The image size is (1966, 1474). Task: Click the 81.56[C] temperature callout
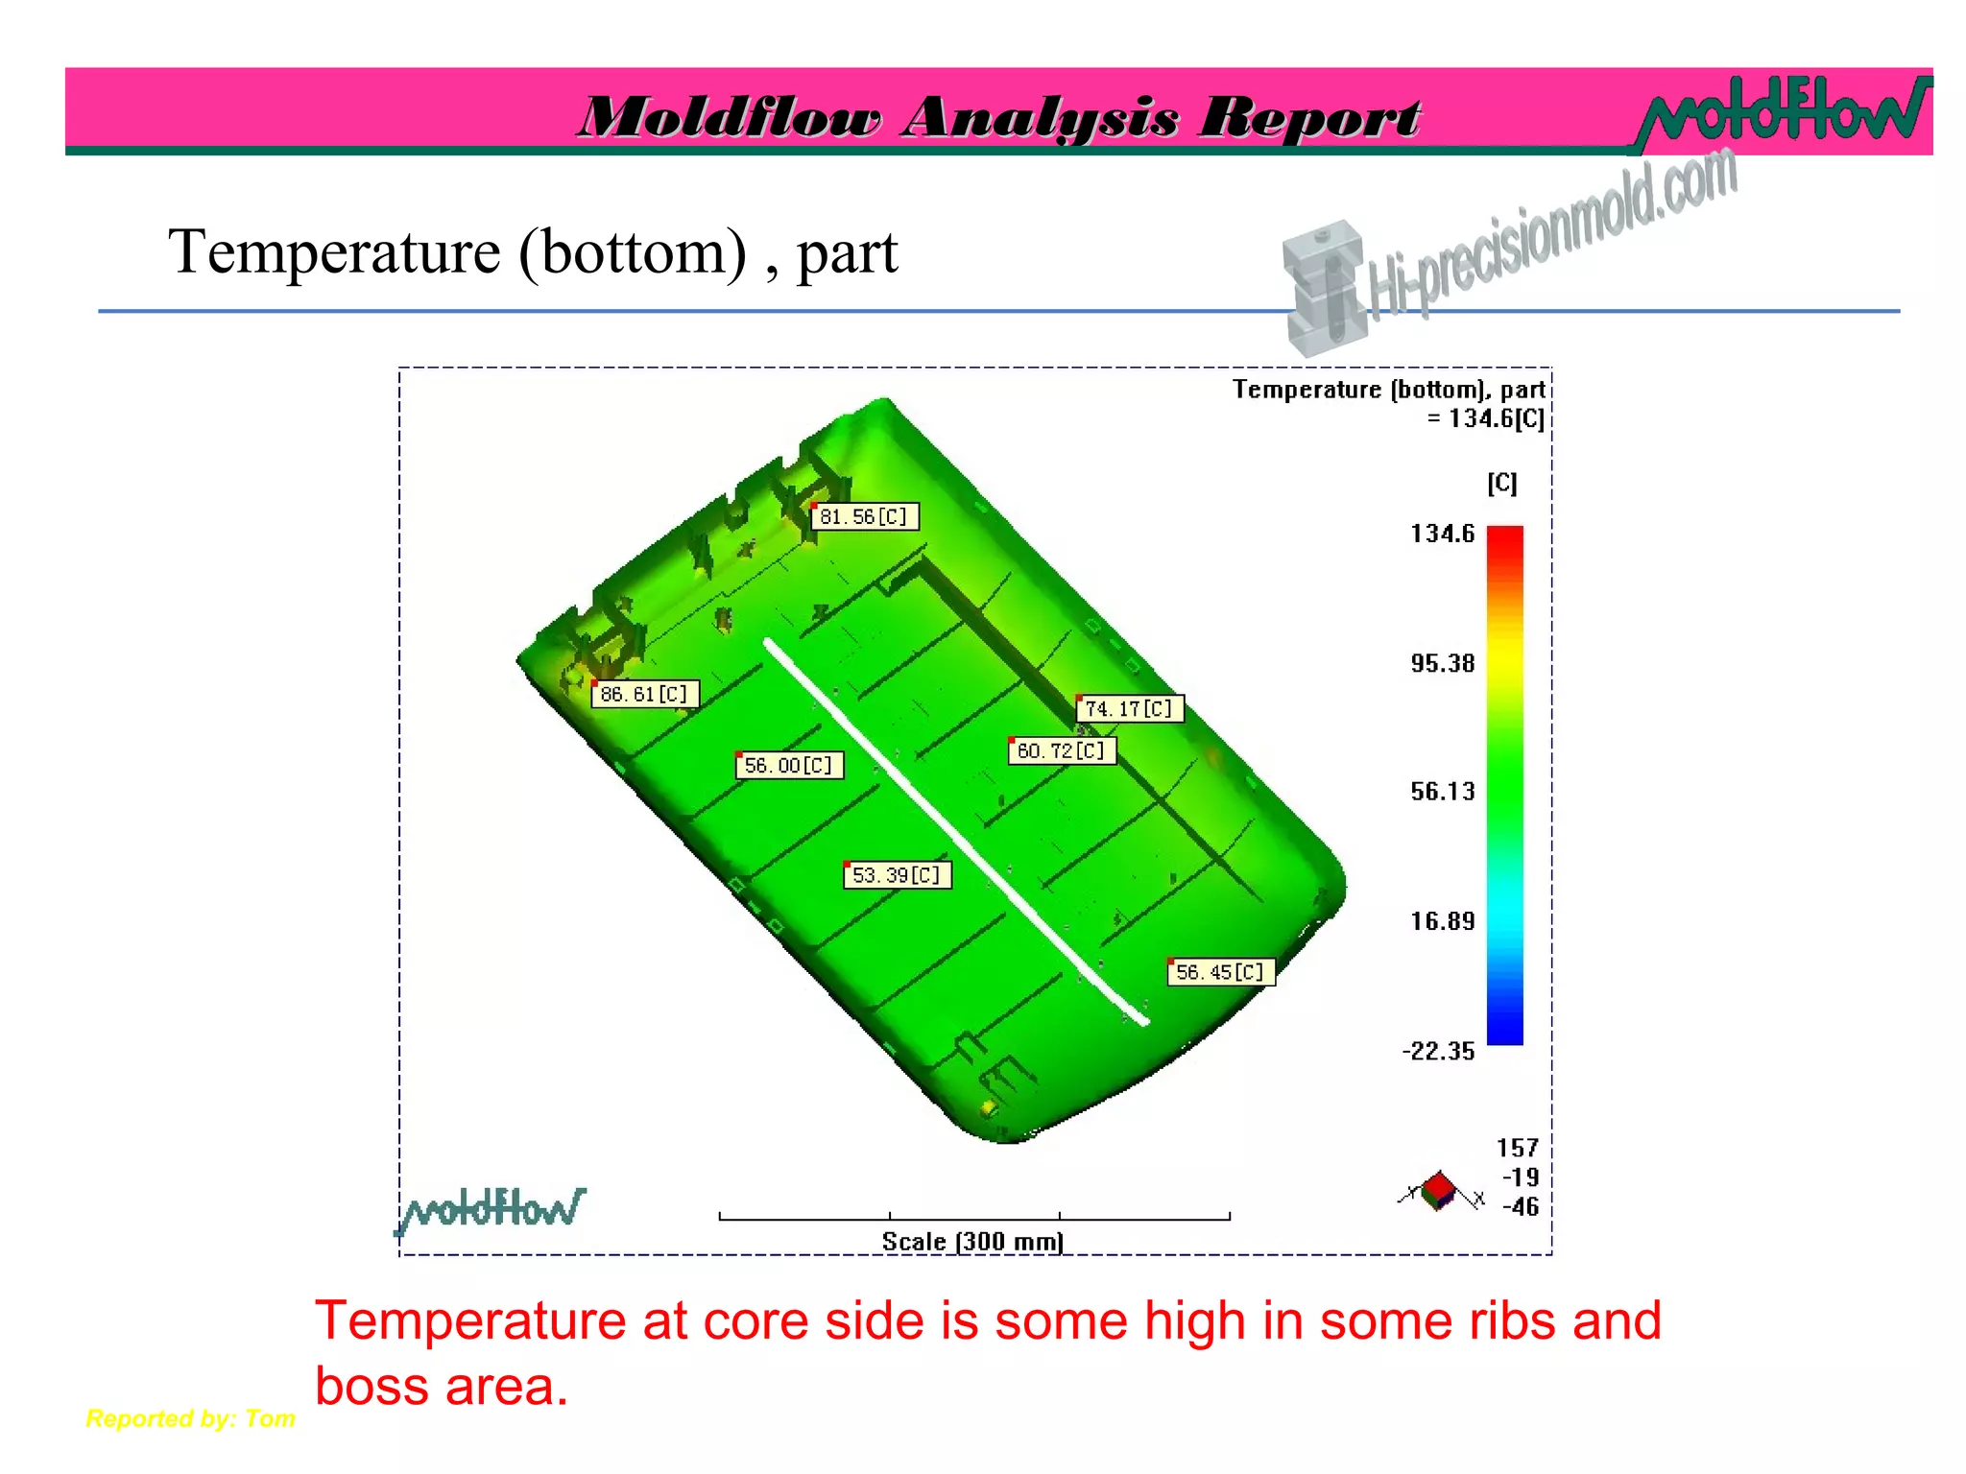coord(864,517)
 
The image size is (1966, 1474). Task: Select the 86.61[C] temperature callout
coord(645,694)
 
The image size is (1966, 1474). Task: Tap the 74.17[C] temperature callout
coord(1130,709)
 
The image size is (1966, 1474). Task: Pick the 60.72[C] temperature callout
coord(1062,750)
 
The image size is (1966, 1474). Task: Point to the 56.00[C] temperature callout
coord(789,765)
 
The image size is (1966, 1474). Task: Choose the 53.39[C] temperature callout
coord(897,875)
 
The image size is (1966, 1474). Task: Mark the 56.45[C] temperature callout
coord(1221,972)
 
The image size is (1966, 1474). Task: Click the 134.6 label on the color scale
coord(1442,534)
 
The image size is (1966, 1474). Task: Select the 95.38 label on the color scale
coord(1442,663)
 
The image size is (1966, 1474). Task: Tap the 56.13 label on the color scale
coord(1442,792)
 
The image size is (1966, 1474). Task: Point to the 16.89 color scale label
coord(1442,921)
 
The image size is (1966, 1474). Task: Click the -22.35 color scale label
coord(1438,1051)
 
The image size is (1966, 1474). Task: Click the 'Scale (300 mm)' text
coord(972,1242)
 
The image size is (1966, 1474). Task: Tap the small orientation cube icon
coord(1438,1191)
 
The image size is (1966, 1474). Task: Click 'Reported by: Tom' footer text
coord(190,1418)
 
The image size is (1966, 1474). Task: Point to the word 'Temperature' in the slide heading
coord(334,252)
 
